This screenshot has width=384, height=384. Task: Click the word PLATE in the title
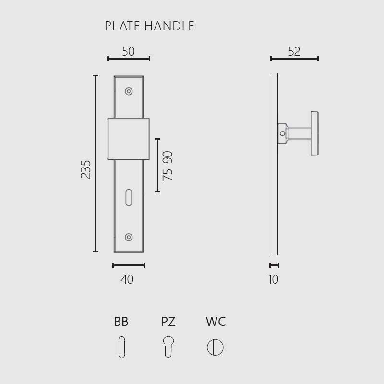coord(122,26)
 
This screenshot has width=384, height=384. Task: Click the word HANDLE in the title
coord(169,26)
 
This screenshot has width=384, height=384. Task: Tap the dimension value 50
coord(128,51)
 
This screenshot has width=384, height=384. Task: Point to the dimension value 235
coord(86,169)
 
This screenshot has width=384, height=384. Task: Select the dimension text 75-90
coord(168,166)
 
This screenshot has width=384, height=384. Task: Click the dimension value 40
coord(127,279)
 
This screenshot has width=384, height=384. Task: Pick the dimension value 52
coord(294,51)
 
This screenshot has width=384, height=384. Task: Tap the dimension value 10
coord(273,279)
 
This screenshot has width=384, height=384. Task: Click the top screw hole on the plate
coord(129,91)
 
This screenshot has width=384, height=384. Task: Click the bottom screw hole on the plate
coord(129,237)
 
